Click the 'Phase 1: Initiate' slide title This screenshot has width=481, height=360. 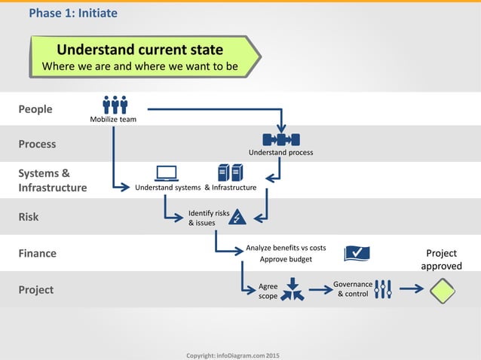click(x=72, y=13)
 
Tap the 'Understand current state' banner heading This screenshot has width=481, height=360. click(x=140, y=50)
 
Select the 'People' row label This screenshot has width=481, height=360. click(x=35, y=109)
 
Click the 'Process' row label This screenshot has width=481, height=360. click(x=37, y=144)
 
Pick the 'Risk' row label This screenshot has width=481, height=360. click(x=28, y=217)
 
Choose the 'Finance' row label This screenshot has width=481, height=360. click(x=37, y=253)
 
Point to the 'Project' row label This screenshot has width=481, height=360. click(x=35, y=289)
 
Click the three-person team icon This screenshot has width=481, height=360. click(x=115, y=105)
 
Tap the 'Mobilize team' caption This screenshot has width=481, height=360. click(x=113, y=120)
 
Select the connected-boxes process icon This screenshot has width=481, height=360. click(x=281, y=139)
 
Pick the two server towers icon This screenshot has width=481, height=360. click(x=230, y=172)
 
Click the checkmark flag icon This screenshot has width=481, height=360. click(x=357, y=253)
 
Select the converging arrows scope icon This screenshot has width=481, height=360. click(x=293, y=291)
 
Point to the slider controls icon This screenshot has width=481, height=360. click(x=383, y=289)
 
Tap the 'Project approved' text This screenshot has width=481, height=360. click(x=442, y=260)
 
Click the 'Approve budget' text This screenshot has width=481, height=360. click(x=286, y=259)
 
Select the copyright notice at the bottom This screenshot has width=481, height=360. click(x=231, y=354)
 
